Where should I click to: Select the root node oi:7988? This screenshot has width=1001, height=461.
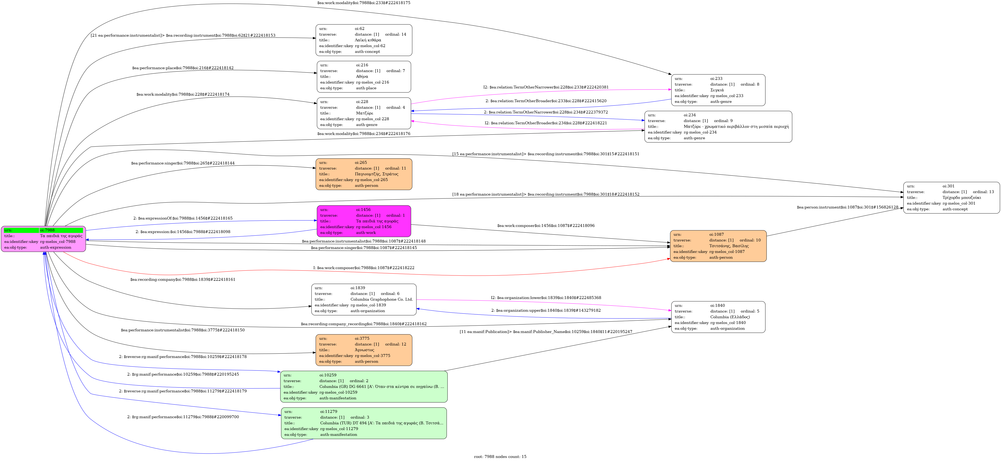(x=44, y=239)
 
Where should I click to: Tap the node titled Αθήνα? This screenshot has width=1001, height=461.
(x=364, y=77)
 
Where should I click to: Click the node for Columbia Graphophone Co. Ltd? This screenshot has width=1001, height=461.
(x=364, y=299)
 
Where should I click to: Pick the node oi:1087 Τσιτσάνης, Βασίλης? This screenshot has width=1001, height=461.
(x=718, y=246)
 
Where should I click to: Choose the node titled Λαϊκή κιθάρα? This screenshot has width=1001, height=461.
(x=364, y=40)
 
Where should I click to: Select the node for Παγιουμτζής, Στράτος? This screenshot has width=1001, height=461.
(x=364, y=174)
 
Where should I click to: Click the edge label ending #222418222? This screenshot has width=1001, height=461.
(x=364, y=268)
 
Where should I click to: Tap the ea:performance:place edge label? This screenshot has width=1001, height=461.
(x=183, y=68)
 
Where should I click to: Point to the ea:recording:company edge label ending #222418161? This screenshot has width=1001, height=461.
(x=183, y=280)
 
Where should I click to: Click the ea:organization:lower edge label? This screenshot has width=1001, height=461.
(x=546, y=298)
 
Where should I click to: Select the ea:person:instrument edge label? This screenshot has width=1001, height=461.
(x=847, y=207)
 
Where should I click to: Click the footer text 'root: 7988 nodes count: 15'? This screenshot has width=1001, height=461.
(x=500, y=457)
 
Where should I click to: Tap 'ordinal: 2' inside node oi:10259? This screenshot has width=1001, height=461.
(x=359, y=381)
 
